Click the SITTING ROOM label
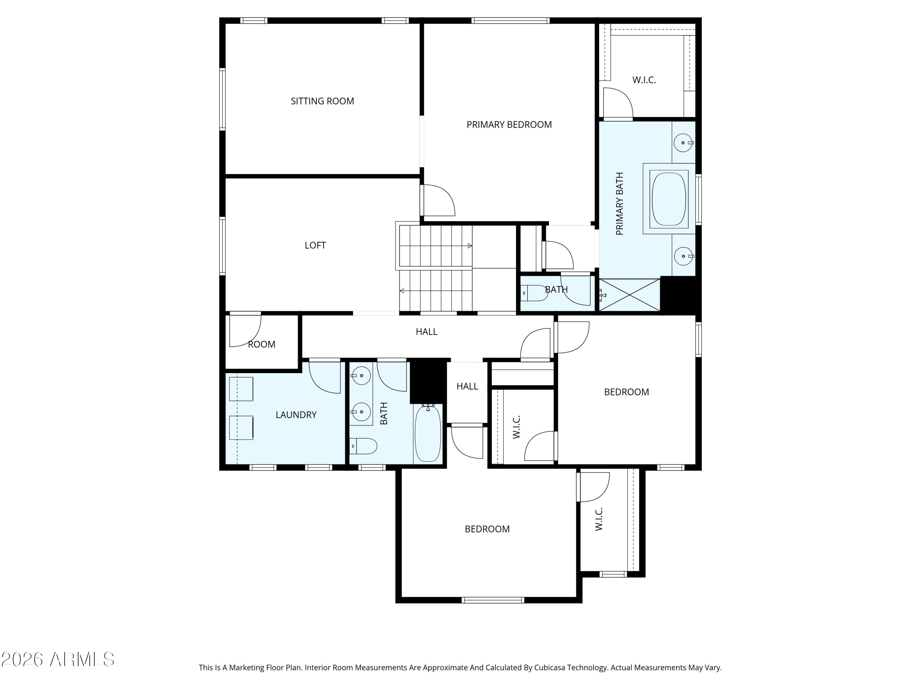(322, 101)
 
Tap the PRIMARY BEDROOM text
(509, 125)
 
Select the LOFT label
(315, 245)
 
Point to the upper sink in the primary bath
(683, 143)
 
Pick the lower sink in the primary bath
(683, 256)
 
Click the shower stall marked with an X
(630, 295)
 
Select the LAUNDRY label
(296, 415)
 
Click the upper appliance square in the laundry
(241, 389)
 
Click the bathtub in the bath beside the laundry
(428, 434)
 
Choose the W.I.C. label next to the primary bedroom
(644, 80)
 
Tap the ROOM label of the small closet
(262, 345)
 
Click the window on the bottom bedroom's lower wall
(492, 600)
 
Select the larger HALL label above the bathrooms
(426, 332)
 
